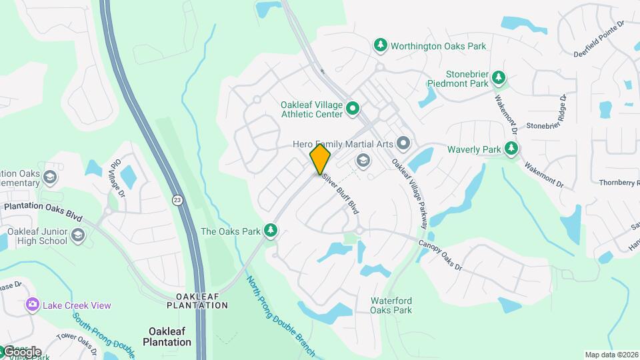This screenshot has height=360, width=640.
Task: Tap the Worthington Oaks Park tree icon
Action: coord(381,45)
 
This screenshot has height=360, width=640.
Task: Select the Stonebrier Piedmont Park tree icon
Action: coord(499,79)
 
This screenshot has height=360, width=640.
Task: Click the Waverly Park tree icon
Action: coord(512,149)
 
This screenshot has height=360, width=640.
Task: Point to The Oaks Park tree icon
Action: coord(271,231)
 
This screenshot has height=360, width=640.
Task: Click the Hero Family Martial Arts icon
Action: coord(403,143)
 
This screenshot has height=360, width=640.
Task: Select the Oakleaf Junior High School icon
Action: coord(79,235)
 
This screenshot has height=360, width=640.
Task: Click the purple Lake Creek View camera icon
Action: coord(31,305)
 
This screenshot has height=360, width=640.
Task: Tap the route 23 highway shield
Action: coord(177,199)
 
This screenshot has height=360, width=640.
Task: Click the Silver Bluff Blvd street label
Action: coord(341,194)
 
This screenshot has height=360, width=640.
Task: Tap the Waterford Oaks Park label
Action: coord(391,305)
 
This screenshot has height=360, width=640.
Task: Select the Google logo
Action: coord(21,351)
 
